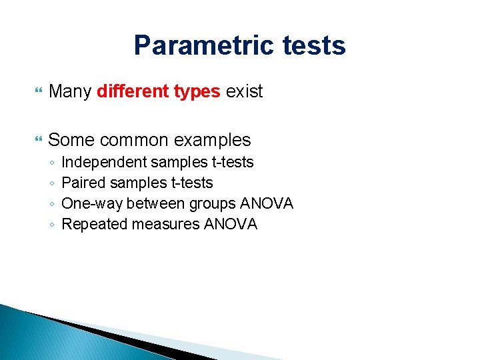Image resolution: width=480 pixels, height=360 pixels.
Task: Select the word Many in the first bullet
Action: click(70, 91)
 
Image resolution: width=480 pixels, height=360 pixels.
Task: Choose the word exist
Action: click(245, 91)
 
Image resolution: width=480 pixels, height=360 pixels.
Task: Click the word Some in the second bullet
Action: click(70, 140)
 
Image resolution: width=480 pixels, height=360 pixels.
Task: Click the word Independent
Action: click(103, 163)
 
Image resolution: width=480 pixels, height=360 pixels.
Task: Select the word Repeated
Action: click(94, 224)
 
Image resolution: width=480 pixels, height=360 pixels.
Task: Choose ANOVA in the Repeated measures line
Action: click(231, 224)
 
